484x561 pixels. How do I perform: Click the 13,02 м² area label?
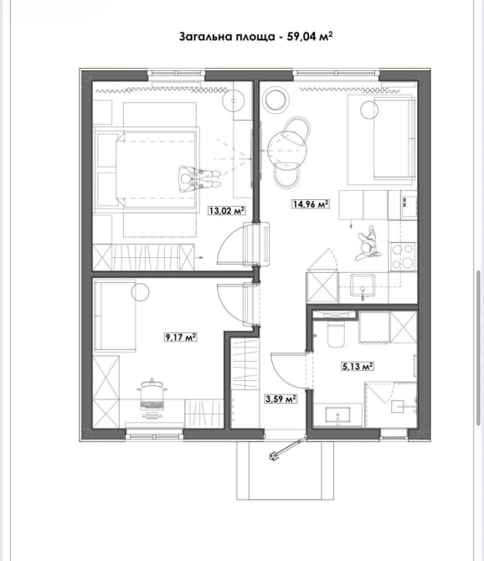pos(227,210)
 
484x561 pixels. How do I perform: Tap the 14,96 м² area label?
pos(311,204)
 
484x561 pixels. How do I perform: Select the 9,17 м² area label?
pos(181,337)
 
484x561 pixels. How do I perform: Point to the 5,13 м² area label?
pos(358,367)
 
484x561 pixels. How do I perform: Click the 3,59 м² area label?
pos(281,399)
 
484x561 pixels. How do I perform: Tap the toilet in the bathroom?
pos(336,333)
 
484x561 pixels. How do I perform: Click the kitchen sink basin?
pos(363,286)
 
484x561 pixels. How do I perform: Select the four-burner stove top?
pos(403,256)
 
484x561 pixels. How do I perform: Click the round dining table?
pos(287,149)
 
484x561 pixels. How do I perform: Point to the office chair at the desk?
pos(152,398)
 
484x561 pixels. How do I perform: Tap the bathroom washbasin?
pos(337,416)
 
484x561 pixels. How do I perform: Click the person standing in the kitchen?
pos(368,244)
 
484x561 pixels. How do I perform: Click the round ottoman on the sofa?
pos(369,110)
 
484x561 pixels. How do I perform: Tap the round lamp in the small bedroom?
pos(140,292)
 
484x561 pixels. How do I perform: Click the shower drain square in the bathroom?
pos(398,407)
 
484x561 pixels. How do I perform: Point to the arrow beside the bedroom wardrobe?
pos(199,257)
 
